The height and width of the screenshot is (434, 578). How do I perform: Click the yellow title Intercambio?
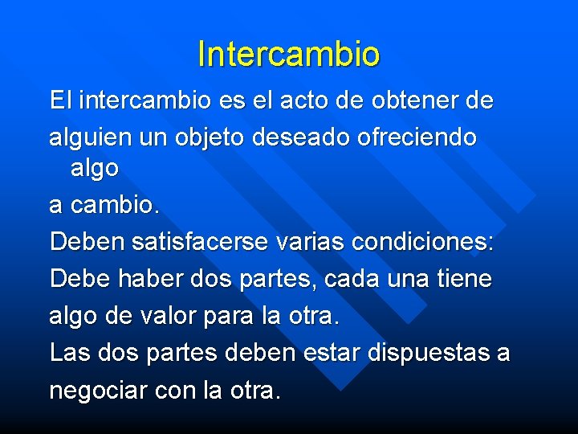click(289, 54)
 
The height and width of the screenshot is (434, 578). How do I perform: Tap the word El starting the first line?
click(60, 101)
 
